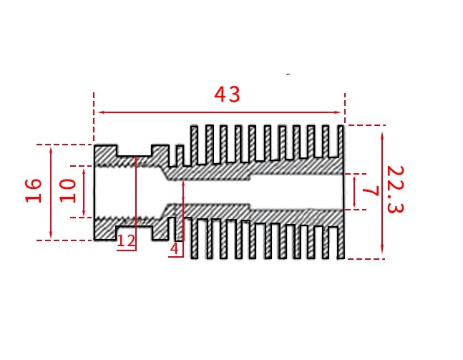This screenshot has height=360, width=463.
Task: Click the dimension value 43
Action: pos(228,95)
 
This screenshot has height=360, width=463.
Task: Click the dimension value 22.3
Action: pos(396,189)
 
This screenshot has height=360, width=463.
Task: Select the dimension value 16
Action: pos(34,190)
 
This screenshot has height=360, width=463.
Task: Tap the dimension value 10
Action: pos(68,190)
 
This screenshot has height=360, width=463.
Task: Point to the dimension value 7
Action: pos(370,192)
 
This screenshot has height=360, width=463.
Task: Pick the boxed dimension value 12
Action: pos(126,242)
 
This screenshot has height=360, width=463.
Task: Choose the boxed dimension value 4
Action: pos(174,249)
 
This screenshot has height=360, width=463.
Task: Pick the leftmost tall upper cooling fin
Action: pos(192,143)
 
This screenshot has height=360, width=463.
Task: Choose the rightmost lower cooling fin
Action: pos(341,240)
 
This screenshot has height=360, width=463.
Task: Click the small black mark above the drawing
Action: pos(288,73)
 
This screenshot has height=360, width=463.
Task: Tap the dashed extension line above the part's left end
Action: pos(94,118)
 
